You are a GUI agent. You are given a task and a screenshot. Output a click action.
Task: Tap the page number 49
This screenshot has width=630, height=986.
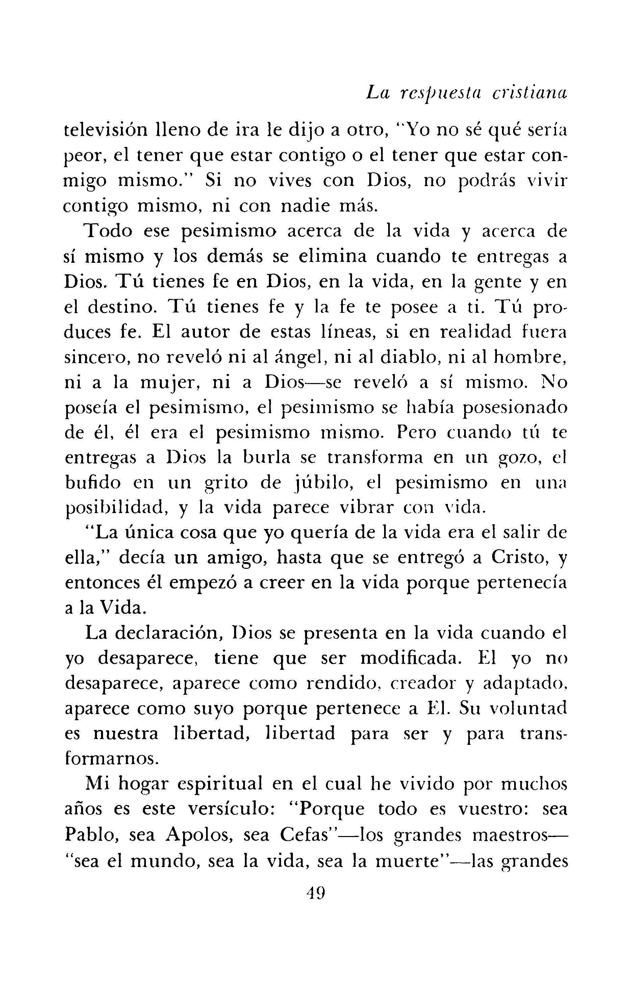point(315,891)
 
